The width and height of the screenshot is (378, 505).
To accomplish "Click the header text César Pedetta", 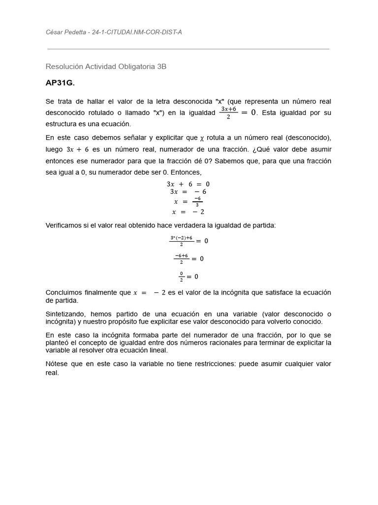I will [65, 32].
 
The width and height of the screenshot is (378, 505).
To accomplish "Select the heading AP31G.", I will [60, 83].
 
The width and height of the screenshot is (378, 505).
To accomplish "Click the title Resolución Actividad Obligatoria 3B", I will [106, 66].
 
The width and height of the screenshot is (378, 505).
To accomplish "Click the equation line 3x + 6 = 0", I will [188, 184].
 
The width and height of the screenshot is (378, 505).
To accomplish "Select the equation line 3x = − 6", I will [188, 192].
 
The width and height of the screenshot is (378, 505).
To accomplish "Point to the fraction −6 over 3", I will [197, 201].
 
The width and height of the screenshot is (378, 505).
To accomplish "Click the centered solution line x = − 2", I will [188, 212].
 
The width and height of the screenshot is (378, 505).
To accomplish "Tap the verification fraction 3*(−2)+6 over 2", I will [181, 241].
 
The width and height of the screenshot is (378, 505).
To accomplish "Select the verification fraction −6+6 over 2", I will [181, 258].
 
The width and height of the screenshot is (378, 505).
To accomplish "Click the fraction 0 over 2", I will [181, 276].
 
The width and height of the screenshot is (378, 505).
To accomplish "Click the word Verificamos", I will [65, 225].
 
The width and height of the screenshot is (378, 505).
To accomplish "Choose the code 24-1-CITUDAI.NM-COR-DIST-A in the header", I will [140, 32].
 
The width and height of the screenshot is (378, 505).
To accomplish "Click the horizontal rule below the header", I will [189, 49].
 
